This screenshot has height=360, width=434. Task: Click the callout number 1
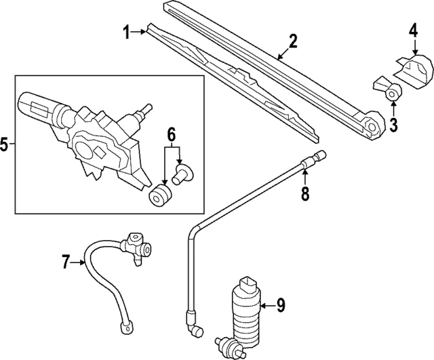[125, 31]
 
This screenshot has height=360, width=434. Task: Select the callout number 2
[293, 41]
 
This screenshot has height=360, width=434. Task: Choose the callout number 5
[5, 144]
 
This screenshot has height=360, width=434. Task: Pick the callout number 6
[172, 134]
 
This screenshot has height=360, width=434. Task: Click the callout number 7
[66, 261]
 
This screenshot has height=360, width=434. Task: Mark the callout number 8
[305, 195]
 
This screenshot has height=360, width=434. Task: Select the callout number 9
[281, 306]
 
